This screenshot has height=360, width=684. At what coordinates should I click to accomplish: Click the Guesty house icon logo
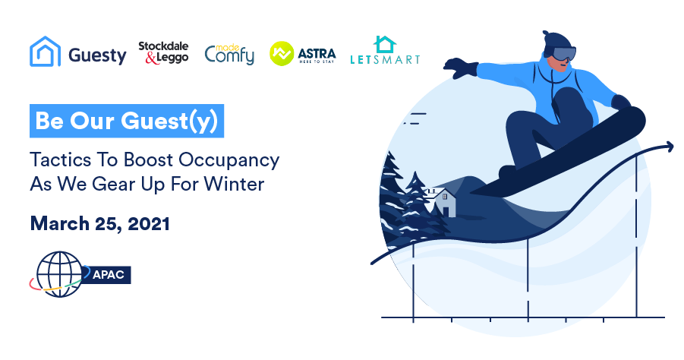45,52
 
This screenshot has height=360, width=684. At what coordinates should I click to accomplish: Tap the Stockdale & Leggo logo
163,52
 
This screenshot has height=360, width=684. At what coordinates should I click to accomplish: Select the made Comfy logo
229,55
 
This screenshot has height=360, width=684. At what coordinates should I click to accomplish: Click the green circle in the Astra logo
282,54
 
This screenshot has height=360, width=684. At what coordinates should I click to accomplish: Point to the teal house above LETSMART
385,45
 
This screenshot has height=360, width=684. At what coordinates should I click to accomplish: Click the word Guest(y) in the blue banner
169,122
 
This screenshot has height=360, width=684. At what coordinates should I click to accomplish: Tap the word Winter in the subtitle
234,184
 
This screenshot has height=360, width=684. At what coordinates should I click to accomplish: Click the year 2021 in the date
148,223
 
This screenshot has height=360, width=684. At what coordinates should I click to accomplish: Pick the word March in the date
60,223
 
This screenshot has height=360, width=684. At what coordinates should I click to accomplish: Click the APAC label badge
107,275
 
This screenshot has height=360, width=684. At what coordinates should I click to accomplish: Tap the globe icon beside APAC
59,274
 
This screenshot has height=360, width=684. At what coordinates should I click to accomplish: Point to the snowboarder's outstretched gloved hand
461,68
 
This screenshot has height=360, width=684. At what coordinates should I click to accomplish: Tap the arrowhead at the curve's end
668,147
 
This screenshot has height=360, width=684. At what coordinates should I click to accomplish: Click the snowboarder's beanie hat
557,40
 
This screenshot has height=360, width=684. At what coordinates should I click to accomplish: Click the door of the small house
446,212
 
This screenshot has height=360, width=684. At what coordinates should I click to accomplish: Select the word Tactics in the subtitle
60,159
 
